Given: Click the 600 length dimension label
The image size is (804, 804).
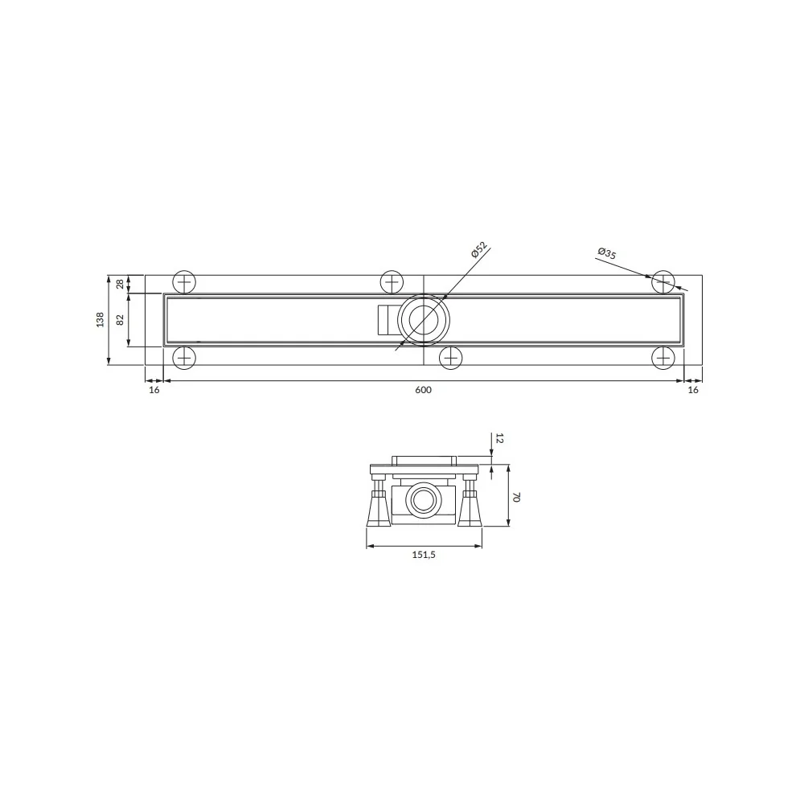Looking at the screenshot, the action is [x=423, y=390].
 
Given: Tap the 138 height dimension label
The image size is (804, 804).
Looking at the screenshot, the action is [x=100, y=319].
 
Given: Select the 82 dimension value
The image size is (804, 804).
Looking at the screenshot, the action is [x=121, y=319].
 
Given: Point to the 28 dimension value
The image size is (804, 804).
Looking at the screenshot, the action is [x=121, y=284].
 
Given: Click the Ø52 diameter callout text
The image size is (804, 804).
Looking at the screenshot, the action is [x=478, y=249].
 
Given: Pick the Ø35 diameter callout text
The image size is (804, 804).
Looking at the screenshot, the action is [x=607, y=253].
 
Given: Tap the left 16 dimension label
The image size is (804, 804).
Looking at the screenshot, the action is [x=154, y=390].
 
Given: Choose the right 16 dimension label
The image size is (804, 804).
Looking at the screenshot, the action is [x=693, y=390].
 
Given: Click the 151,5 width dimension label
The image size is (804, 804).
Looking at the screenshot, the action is [x=424, y=554].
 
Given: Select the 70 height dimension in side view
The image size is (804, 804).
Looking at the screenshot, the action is [x=517, y=496].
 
